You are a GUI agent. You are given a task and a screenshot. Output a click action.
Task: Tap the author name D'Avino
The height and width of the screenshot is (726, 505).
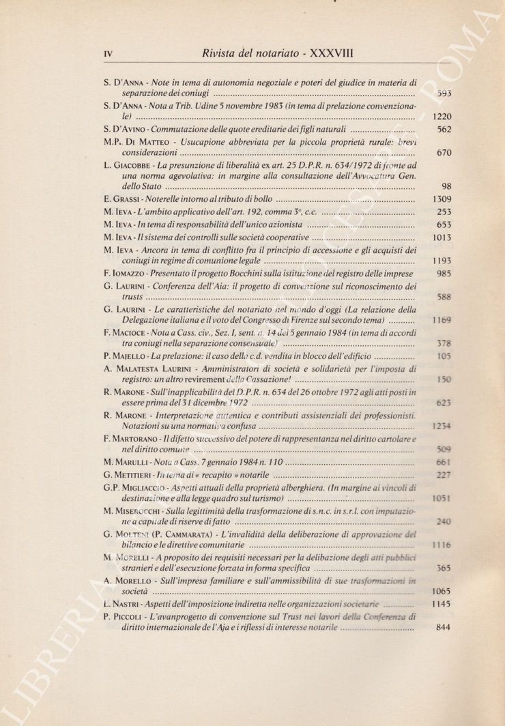click(132, 129)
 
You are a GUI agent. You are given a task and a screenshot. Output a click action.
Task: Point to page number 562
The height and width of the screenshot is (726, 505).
click(444, 129)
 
